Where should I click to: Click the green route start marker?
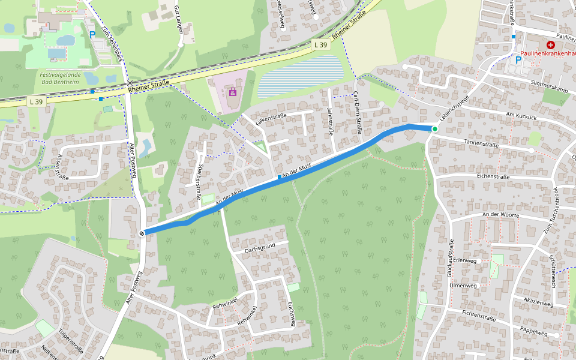coord(434,129)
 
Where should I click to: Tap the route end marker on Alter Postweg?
coord(142,233)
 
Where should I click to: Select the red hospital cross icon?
coord(550,45)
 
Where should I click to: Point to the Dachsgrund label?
coord(259,247)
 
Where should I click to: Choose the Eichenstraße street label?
coord(493,176)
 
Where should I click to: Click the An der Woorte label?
coord(500,214)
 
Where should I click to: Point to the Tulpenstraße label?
coord(71,340)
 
